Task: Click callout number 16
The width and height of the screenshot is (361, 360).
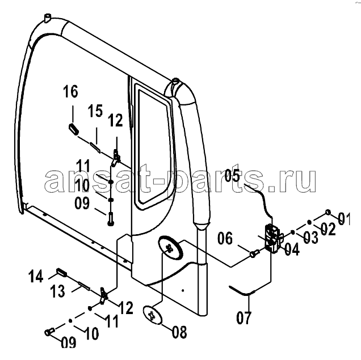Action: pos(71,91)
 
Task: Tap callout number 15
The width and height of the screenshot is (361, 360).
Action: pos(95,111)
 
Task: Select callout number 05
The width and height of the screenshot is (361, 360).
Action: pos(232,176)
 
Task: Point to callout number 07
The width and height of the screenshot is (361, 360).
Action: pos(244,318)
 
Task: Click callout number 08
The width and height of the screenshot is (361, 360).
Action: pos(179,332)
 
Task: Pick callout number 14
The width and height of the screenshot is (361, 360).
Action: pos(36,276)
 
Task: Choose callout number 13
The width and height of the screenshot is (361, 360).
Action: pos(57,291)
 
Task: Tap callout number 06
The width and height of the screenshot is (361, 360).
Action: pos(225,238)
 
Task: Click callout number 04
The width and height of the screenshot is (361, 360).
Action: pos(292,249)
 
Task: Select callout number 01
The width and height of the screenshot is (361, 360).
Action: pos(344,219)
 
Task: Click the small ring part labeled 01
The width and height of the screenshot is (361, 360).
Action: pos(328,212)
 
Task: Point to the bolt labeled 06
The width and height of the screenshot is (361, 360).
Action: pos(254,253)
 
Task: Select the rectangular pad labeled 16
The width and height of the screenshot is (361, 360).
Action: pos(74,130)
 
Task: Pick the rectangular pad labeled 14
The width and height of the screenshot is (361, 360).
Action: pos(61,272)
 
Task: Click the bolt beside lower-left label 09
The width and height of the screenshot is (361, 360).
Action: pos(49,332)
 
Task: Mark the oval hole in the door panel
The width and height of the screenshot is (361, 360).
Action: pos(170,248)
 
